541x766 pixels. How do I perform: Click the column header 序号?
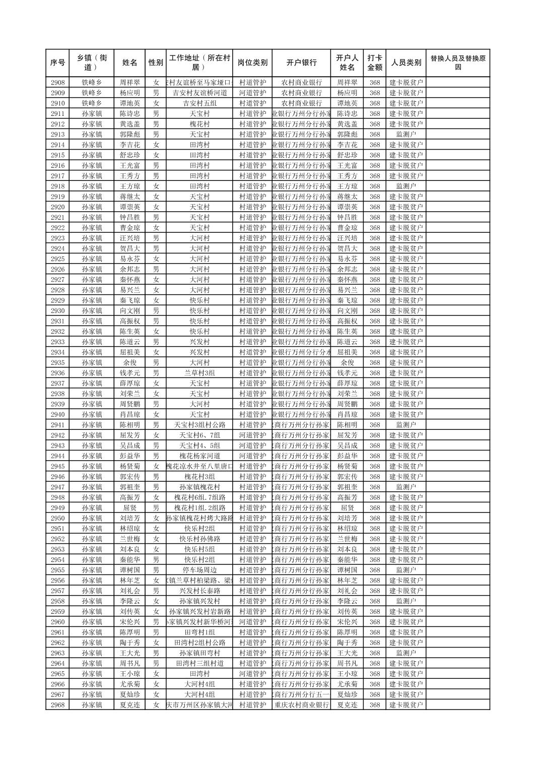[x=57, y=63]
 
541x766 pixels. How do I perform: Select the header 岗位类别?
[x=252, y=63]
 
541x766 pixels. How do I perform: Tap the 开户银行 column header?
[x=301, y=63]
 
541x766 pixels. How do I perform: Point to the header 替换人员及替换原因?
[x=457, y=63]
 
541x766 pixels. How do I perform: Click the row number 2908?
[x=57, y=83]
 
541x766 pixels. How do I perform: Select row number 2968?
[x=57, y=705]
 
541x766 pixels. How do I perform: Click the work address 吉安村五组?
[x=199, y=103]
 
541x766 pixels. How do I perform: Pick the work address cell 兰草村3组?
[x=199, y=373]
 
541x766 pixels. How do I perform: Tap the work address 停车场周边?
[x=199, y=570]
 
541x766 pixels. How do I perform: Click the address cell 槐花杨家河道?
[x=199, y=456]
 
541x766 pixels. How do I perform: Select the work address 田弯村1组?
[x=199, y=632]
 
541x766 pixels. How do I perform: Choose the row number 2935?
[x=57, y=363]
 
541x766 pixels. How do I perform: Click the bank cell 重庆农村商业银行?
[x=301, y=705]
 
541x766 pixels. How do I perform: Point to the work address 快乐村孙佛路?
[x=199, y=539]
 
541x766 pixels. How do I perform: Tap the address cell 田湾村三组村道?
[x=199, y=664]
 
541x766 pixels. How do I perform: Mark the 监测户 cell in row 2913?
[x=406, y=135]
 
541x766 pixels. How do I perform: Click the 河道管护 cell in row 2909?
[x=252, y=93]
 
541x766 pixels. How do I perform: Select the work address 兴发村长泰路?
[x=199, y=591]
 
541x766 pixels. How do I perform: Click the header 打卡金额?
[x=374, y=63]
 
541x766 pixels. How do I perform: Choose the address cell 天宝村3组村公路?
[x=199, y=425]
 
